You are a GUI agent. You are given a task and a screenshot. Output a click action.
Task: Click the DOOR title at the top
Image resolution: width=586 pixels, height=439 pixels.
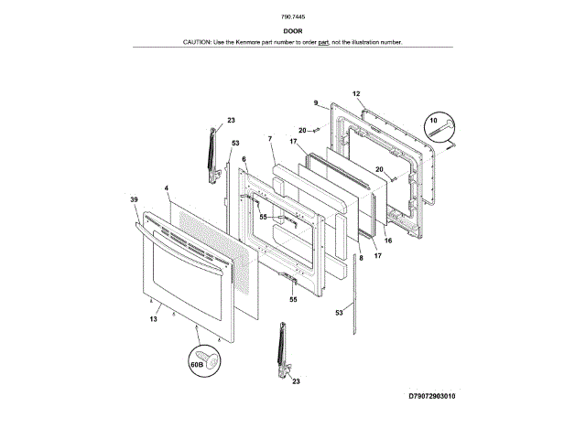293,30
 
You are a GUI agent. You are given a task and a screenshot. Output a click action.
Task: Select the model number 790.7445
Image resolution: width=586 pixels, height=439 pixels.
293,17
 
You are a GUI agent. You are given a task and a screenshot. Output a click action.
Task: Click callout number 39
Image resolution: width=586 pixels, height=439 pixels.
134,199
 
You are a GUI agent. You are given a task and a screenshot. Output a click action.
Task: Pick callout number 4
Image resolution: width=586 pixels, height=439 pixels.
167,188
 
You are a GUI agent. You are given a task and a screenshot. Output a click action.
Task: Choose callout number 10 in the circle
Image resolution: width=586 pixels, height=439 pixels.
434,120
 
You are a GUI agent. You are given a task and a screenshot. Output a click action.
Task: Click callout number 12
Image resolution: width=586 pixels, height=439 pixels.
356,94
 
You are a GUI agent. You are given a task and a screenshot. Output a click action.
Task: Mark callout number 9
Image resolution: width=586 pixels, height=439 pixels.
315,102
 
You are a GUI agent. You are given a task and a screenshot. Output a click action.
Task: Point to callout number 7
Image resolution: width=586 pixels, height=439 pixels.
271,138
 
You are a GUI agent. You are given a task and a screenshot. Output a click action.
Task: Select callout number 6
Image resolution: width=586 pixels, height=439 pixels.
244,159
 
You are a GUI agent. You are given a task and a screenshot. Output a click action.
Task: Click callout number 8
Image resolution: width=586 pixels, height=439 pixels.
361,260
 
